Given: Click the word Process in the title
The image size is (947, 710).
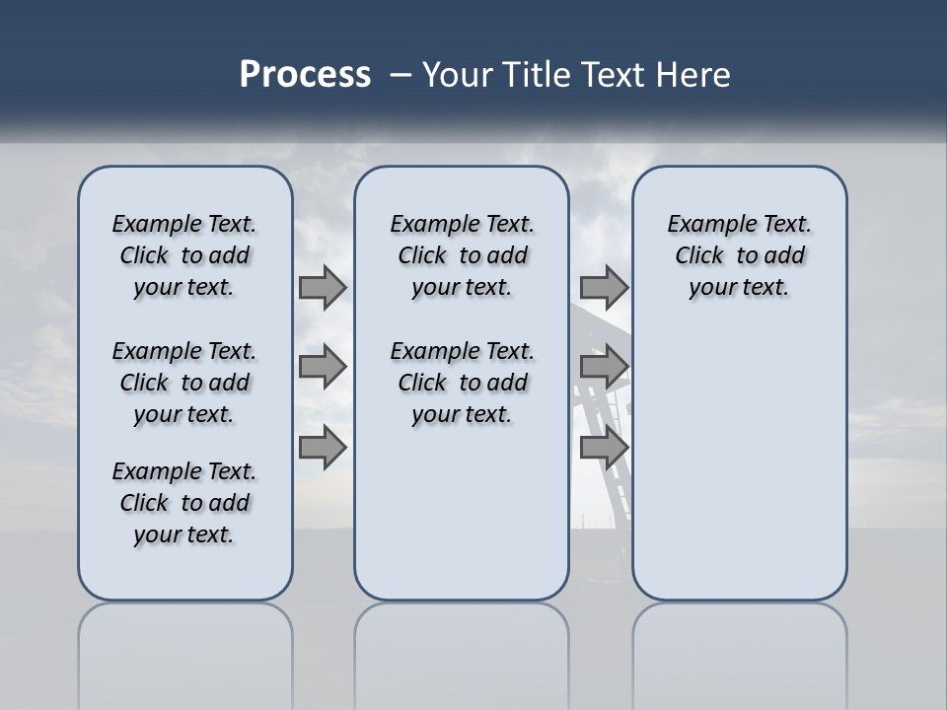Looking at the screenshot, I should [305, 75].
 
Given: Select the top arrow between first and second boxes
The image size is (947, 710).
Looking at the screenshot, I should [322, 288].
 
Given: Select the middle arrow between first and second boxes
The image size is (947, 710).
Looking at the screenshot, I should [322, 367].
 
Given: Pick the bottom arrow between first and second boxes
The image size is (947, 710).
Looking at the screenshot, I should [322, 448].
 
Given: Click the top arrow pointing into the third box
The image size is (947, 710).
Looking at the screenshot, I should [604, 288].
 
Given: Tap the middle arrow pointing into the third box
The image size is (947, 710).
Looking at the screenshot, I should [604, 367].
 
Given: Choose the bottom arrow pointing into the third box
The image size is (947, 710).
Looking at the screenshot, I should [604, 448].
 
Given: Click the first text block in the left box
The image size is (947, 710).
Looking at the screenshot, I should [184, 255].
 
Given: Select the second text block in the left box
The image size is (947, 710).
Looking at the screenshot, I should [184, 383].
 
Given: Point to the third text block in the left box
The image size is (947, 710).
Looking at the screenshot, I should [184, 503].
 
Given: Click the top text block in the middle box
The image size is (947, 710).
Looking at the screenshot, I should [462, 255].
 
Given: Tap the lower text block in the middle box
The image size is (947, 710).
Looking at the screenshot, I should [462, 383].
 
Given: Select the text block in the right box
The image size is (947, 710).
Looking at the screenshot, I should [739, 255].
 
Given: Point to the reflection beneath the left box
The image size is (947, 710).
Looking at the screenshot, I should [184, 641].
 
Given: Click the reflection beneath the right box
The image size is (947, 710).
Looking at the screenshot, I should [739, 641].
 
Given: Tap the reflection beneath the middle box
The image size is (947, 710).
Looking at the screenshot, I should [462, 641].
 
